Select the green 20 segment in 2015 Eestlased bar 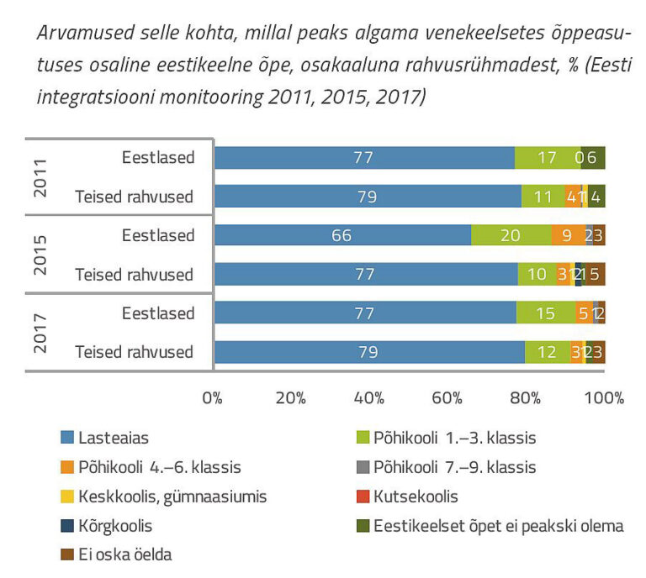click(x=511, y=235)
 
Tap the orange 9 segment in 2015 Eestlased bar click(x=567, y=235)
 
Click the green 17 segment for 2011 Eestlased click(x=547, y=158)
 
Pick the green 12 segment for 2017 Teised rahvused click(x=547, y=352)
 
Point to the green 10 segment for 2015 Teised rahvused click(x=537, y=274)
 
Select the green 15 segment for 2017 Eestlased click(x=545, y=313)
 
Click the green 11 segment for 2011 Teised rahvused click(x=543, y=197)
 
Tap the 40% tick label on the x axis click(x=369, y=397)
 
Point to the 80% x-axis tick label click(x=527, y=397)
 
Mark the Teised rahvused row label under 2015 click(x=135, y=274)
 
